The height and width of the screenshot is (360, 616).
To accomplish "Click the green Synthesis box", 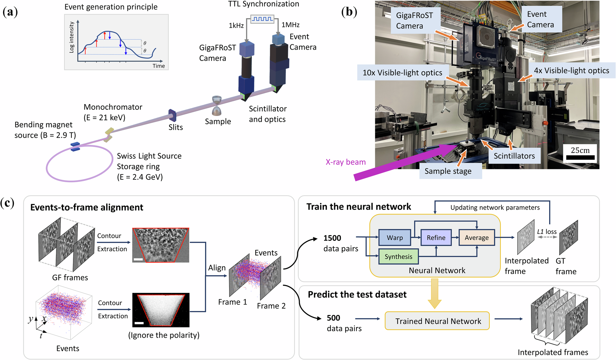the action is click(398, 256).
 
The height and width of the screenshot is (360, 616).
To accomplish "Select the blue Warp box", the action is click(395, 238).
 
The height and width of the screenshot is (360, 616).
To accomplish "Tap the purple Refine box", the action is click(436, 238).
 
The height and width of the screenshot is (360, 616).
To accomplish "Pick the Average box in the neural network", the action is click(476, 238).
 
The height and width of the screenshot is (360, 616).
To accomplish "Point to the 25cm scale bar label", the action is click(580, 150).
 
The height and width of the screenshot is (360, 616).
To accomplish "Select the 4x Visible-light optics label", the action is click(571, 71).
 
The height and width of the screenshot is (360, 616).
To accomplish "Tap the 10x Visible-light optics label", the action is click(403, 72).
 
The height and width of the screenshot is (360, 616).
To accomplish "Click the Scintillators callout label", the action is click(514, 156).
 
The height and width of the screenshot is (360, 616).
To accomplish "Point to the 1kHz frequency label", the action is click(236, 26).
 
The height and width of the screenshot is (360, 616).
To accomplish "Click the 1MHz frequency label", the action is click(290, 25).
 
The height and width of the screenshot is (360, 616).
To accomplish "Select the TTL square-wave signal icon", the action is click(262, 19).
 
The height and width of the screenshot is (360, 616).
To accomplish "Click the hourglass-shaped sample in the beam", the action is click(217, 105).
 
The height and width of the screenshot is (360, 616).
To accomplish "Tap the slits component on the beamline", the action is click(172, 115).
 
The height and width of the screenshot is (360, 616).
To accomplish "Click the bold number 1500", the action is click(332, 238).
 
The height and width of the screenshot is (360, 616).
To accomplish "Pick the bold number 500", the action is click(334, 318).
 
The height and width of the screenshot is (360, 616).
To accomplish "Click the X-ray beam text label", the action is click(346, 162).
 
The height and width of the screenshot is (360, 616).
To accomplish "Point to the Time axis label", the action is click(159, 66).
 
